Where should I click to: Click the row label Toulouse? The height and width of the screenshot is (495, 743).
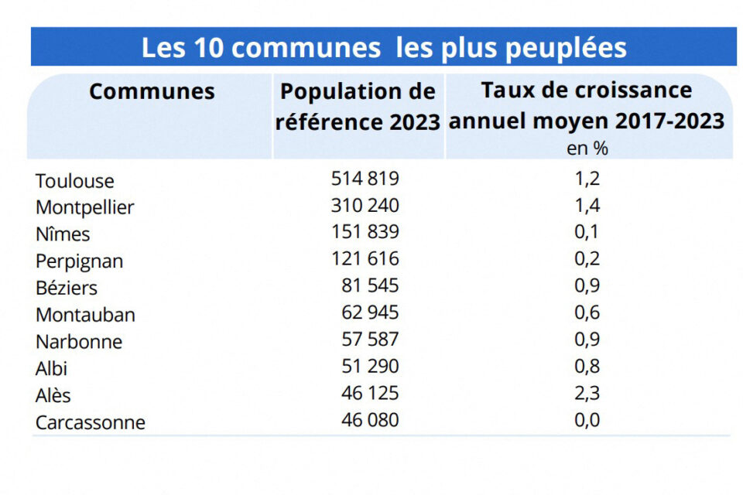click(x=74, y=181)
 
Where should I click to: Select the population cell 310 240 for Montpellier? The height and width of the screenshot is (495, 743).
click(x=365, y=206)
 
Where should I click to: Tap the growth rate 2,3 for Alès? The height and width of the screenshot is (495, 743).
click(x=588, y=394)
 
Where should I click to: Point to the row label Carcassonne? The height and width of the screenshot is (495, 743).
click(x=90, y=423)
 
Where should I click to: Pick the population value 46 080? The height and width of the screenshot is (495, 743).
click(x=370, y=421)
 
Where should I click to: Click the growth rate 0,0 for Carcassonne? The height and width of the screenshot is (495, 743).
click(x=588, y=421)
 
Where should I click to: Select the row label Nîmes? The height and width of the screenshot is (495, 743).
click(x=63, y=234)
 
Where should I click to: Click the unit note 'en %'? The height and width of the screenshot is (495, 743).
click(x=587, y=148)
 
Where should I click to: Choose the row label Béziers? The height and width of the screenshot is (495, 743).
click(x=67, y=288)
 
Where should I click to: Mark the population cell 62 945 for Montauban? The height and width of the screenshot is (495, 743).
click(x=370, y=313)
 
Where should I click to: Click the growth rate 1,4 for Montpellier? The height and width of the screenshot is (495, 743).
click(x=588, y=206)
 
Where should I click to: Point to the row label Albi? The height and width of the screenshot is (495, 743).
click(x=51, y=368)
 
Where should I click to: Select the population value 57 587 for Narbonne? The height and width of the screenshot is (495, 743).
click(x=370, y=340)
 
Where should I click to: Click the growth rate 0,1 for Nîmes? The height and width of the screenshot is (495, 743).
click(x=588, y=232)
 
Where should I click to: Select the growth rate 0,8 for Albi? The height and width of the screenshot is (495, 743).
click(x=588, y=367)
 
